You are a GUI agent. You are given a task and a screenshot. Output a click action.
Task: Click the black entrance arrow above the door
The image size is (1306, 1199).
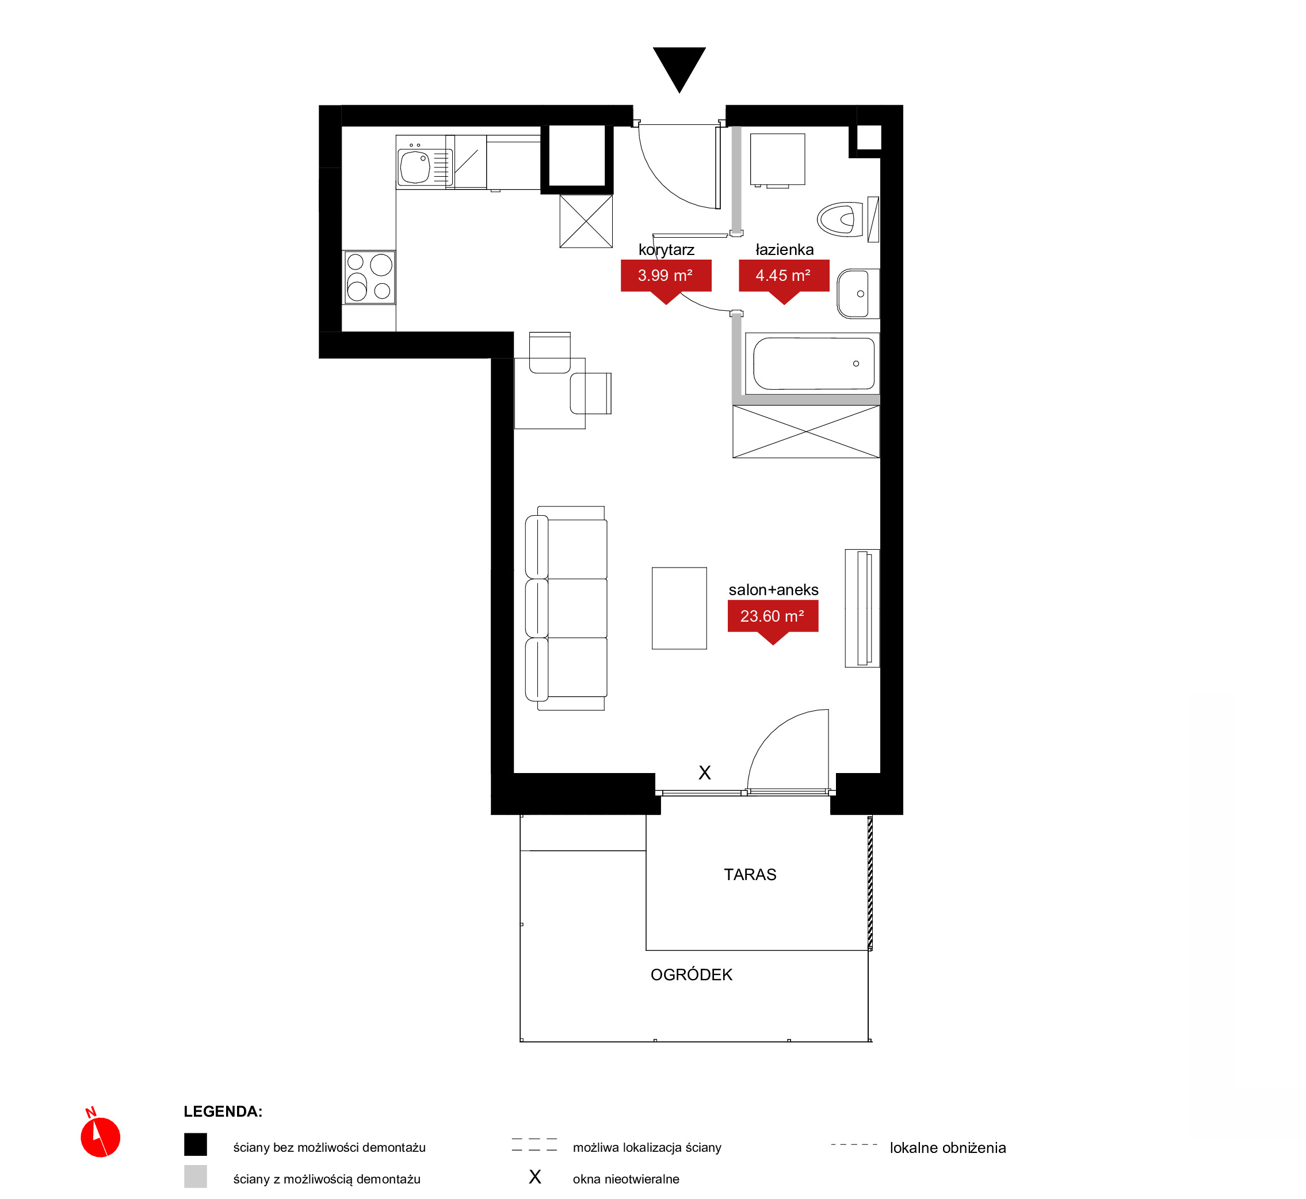pyautogui.click(x=679, y=67)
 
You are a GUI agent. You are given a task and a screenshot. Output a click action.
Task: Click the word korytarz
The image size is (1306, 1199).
pyautogui.click(x=666, y=250)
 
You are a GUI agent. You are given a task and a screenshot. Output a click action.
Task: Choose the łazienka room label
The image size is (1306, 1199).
pyautogui.click(x=784, y=249)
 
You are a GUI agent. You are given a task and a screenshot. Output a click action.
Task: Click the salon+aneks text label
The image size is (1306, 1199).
pyautogui.click(x=774, y=590)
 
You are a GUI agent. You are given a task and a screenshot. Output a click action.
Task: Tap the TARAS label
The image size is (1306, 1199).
pyautogui.click(x=750, y=874)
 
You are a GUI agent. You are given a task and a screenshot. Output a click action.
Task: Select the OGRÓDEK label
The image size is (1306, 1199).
pyautogui.click(x=691, y=975)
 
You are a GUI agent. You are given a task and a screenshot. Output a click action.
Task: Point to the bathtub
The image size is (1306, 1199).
pyautogui.click(x=812, y=363)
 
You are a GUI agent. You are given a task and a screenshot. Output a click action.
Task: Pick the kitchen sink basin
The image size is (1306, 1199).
pyautogui.click(x=415, y=166)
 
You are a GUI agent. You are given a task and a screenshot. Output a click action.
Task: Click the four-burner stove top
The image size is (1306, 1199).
pyautogui.click(x=369, y=277)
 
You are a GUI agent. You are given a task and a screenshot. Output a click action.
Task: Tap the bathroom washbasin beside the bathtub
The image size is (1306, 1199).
pyautogui.click(x=857, y=294)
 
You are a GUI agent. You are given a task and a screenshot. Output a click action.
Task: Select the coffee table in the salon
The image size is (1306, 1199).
pyautogui.click(x=679, y=608)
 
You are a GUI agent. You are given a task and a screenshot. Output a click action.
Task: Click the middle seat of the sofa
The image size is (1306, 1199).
pyautogui.click(x=566, y=608)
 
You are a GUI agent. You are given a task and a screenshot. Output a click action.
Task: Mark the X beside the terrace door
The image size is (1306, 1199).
pyautogui.click(x=705, y=772)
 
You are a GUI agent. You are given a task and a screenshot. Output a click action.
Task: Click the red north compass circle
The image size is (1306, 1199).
pyautogui.click(x=101, y=1137)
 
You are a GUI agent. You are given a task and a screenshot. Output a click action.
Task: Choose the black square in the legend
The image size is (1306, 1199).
pyautogui.click(x=195, y=1144)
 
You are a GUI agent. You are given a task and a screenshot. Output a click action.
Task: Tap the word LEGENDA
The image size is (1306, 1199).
pyautogui.click(x=223, y=1112)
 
